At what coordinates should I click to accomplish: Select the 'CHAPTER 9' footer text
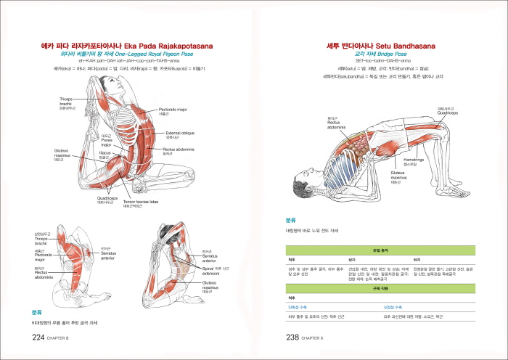click(x=318, y=339)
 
